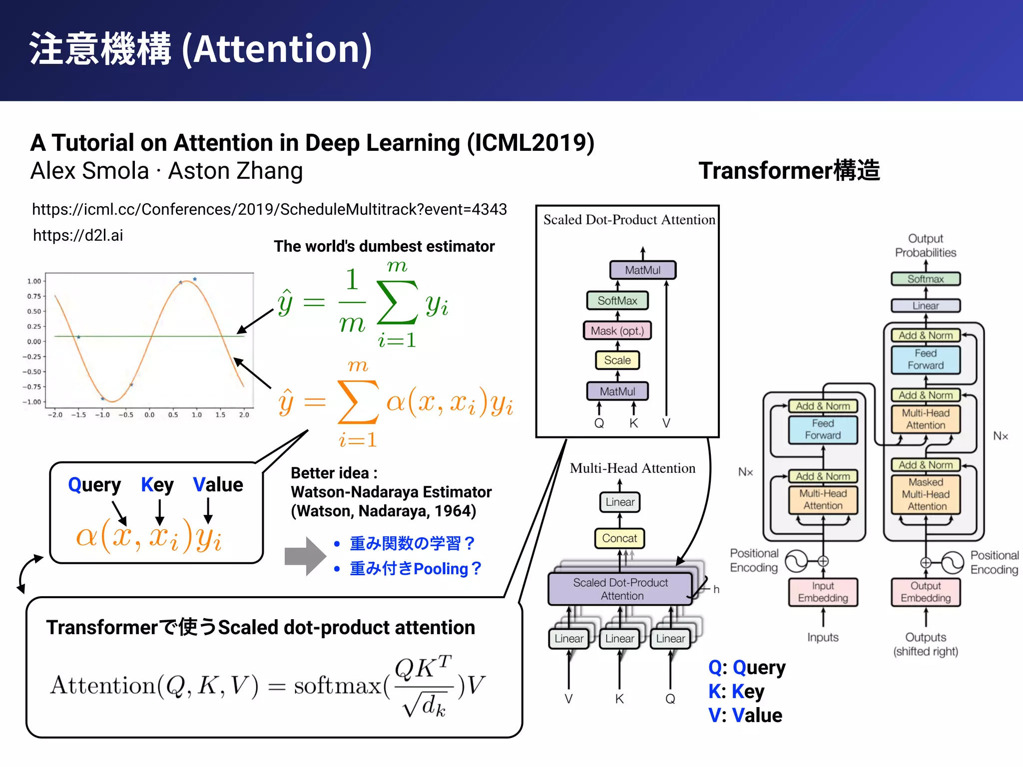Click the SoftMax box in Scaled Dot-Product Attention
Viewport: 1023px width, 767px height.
617,301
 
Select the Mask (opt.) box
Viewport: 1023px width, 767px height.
617,331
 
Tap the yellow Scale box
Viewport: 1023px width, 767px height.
617,360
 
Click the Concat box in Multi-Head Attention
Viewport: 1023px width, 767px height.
619,538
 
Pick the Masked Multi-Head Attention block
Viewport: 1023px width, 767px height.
926,494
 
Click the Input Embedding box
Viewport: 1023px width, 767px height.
823,592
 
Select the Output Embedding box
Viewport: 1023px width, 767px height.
926,592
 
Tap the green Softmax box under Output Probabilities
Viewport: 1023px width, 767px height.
926,279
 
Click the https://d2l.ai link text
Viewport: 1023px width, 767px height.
78,235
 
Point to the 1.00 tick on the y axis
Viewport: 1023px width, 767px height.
34,281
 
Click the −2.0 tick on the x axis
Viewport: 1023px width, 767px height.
55,415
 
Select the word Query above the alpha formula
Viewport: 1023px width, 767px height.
94,485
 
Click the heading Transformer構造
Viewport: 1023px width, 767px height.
789,170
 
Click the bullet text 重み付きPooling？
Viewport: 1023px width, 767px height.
415,569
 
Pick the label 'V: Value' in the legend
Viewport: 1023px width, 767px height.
745,716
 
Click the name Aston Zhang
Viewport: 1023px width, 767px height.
235,171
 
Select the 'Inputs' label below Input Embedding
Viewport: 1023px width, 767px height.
823,637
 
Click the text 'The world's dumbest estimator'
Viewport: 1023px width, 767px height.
384,246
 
